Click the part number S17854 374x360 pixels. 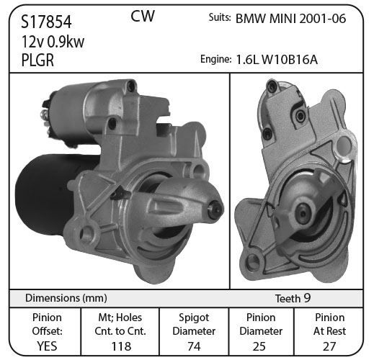46,22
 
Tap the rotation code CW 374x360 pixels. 143,16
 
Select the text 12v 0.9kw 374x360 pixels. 53,42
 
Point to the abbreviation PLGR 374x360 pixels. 37,60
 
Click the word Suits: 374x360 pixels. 220,17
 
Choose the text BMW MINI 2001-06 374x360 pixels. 291,19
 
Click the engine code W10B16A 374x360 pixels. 290,60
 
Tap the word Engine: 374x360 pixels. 215,59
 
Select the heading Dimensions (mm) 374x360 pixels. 66,298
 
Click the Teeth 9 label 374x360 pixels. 293,298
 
